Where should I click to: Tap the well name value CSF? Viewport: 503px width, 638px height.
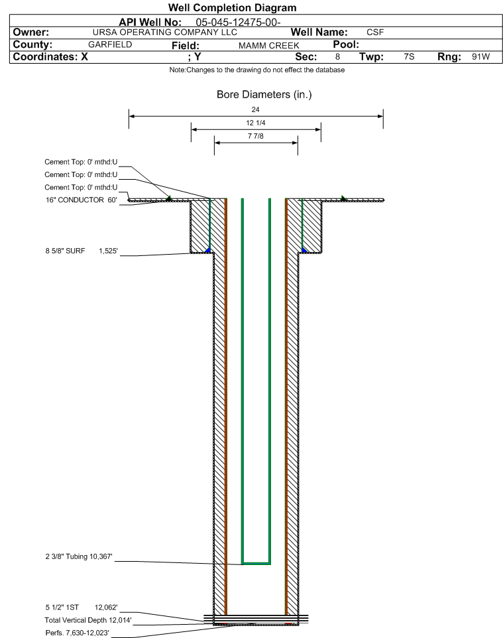pyautogui.click(x=375, y=32)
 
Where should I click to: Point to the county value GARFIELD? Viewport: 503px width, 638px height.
pyautogui.click(x=110, y=45)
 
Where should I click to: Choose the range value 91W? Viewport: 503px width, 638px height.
pyautogui.click(x=480, y=57)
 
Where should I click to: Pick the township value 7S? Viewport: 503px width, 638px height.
pyautogui.click(x=409, y=57)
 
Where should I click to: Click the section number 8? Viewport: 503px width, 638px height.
pyautogui.click(x=337, y=57)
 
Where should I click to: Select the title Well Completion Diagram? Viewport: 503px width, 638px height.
pyautogui.click(x=233, y=8)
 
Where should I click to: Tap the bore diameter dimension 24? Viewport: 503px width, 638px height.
pyautogui.click(x=256, y=109)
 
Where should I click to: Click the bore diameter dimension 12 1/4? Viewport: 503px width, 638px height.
pyautogui.click(x=256, y=123)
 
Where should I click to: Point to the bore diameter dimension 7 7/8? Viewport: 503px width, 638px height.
pyautogui.click(x=256, y=137)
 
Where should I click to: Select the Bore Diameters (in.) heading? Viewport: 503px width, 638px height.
pyautogui.click(x=264, y=95)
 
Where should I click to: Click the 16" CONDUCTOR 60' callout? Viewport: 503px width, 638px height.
pyautogui.click(x=80, y=200)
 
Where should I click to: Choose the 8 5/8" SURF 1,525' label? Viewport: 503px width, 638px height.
pyautogui.click(x=80, y=251)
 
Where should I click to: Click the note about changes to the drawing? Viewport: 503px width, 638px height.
pyautogui.click(x=257, y=70)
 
